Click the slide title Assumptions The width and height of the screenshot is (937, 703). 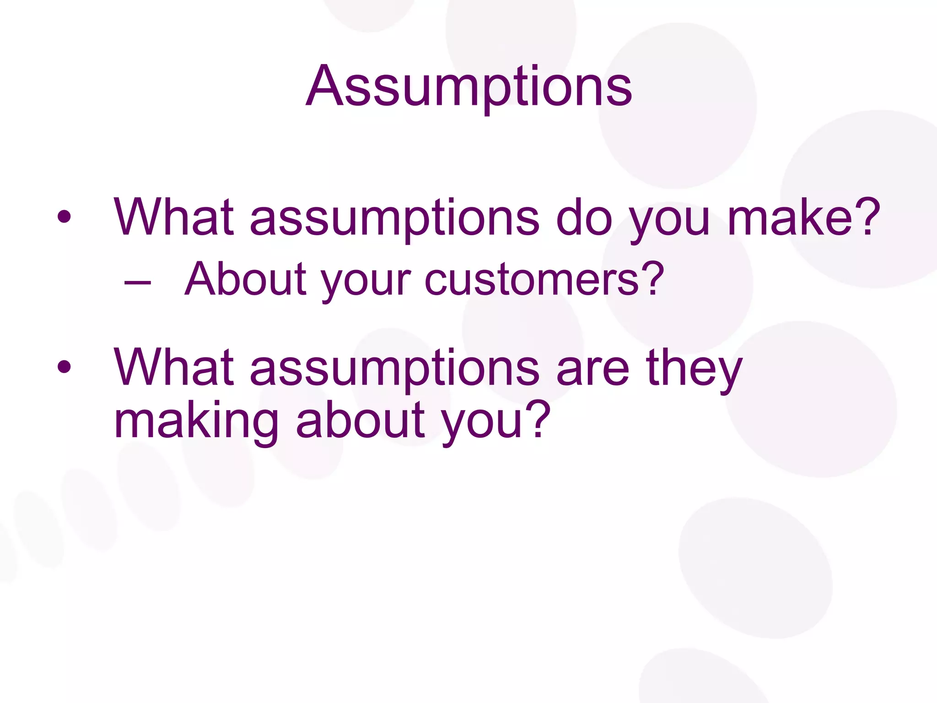pos(469,87)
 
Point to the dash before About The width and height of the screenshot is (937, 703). pos(137,282)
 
